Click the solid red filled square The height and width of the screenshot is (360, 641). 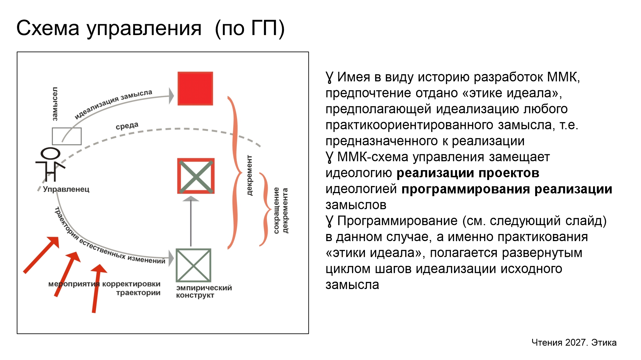[x=195, y=88]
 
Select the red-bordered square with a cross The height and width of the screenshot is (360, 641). [x=196, y=176]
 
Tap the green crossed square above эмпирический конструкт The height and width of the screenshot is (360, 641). [x=193, y=265]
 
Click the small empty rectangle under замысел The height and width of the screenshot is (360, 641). [x=67, y=136]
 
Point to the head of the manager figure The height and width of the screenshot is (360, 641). [x=50, y=153]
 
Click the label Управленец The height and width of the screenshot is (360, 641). [x=66, y=189]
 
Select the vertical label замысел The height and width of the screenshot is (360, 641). [x=55, y=104]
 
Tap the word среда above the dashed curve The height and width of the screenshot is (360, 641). [x=127, y=126]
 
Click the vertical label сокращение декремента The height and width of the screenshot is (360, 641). [x=281, y=210]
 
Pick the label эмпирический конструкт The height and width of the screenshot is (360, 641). [x=204, y=292]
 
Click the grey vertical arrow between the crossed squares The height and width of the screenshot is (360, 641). [x=191, y=221]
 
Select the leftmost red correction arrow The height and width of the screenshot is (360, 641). [x=41, y=255]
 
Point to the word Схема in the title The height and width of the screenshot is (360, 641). [x=48, y=28]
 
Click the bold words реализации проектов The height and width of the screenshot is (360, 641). [x=468, y=173]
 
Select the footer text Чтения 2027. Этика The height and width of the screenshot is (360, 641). [x=574, y=342]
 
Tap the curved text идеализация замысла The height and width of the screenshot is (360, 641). [x=113, y=104]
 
